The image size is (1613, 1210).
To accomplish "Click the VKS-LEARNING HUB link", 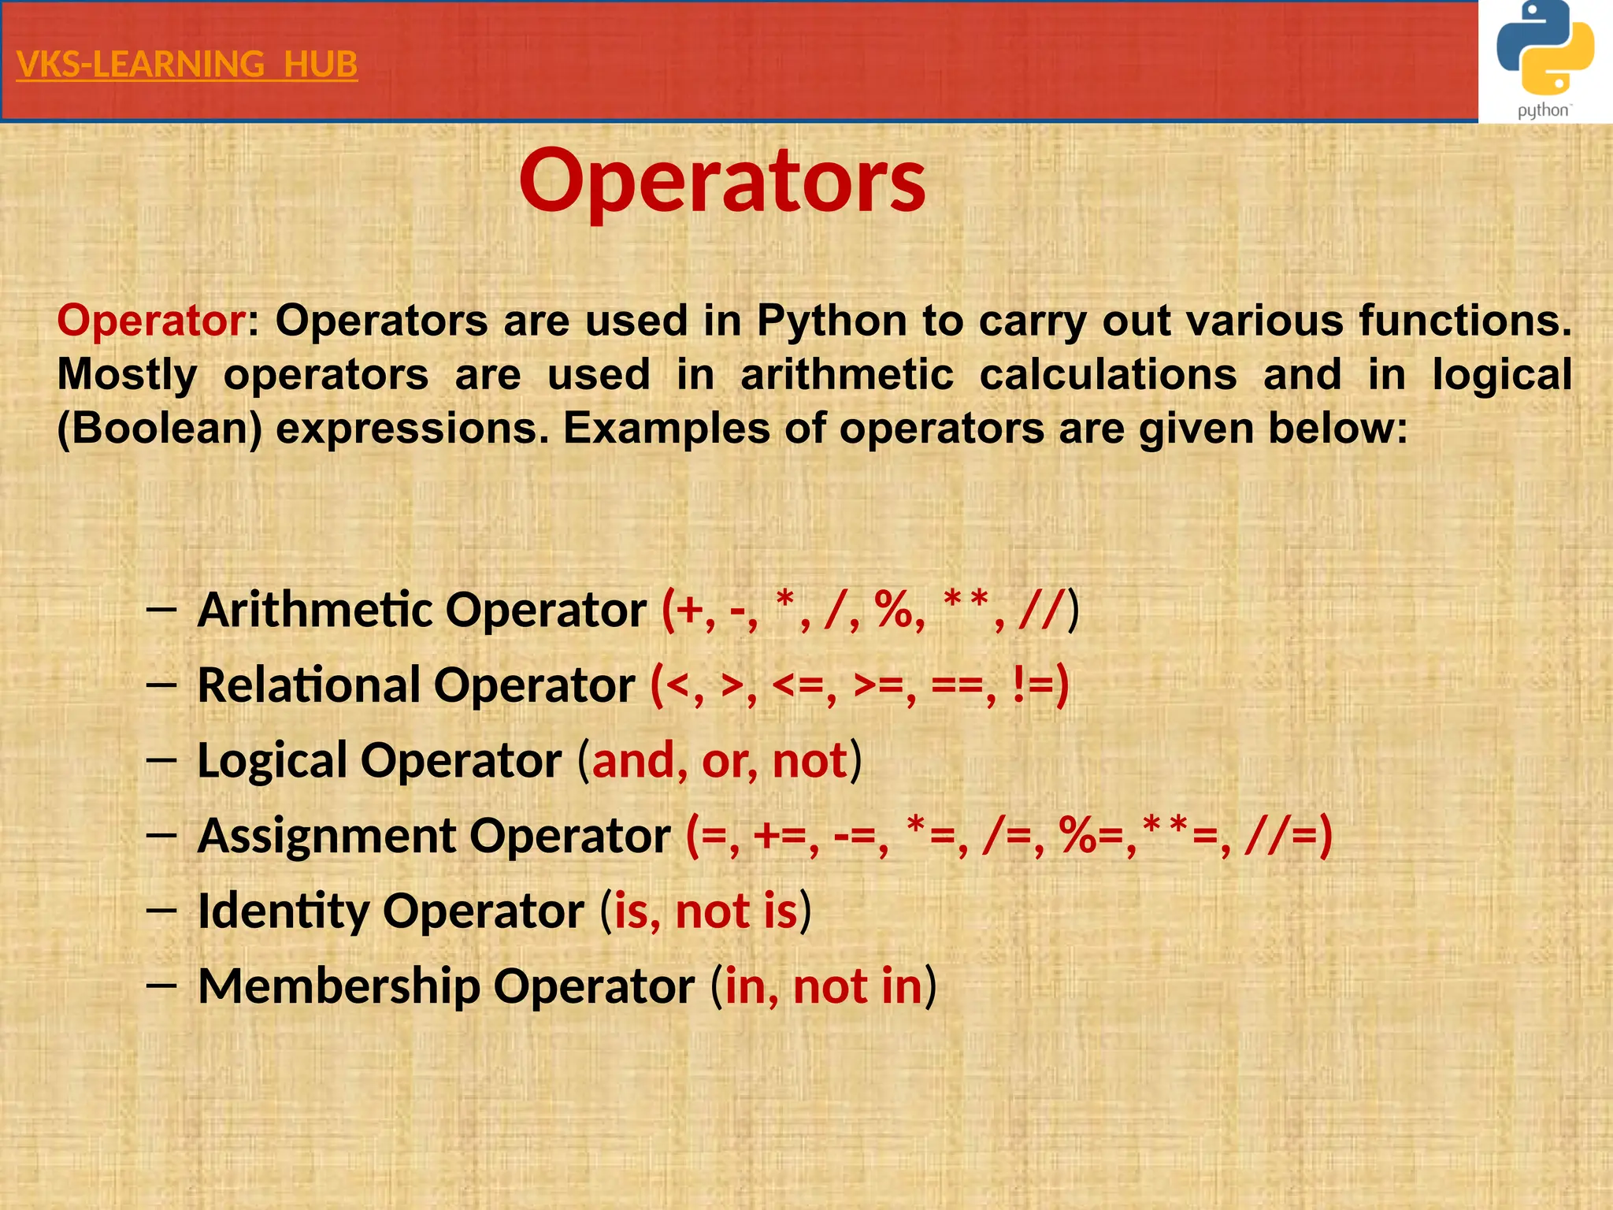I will (x=187, y=65).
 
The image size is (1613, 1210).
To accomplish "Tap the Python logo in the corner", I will (x=1544, y=61).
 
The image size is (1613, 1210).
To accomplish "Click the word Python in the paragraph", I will (x=832, y=321).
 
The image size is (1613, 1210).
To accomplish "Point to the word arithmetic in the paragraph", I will (x=847, y=374).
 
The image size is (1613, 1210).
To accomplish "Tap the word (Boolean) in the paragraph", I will (x=160, y=429).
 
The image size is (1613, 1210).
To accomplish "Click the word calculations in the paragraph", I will (x=1108, y=374).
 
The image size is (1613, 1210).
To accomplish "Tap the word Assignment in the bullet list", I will (x=326, y=835).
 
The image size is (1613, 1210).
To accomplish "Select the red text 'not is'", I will (x=736, y=911).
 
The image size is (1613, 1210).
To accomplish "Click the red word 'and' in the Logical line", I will (x=633, y=761).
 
